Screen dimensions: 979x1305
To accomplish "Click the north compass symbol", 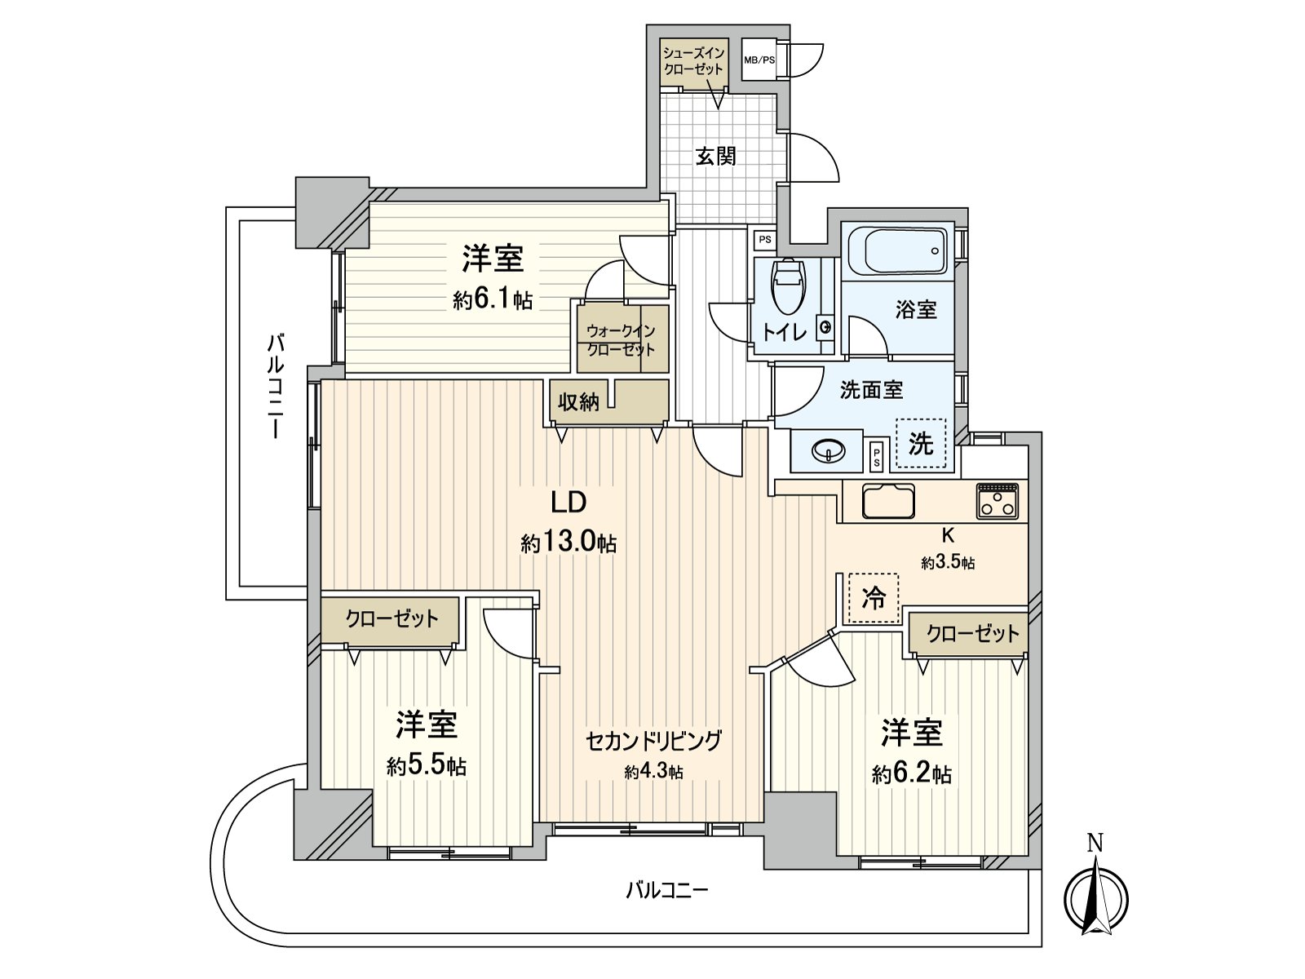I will (x=1095, y=897).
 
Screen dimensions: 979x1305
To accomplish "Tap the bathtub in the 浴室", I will (x=897, y=250).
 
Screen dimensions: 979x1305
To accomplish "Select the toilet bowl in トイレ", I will (x=787, y=287).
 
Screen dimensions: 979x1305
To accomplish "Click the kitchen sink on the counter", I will (x=887, y=501).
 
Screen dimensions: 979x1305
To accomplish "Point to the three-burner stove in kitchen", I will (x=998, y=501).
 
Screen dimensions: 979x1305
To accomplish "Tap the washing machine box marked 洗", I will (x=921, y=444).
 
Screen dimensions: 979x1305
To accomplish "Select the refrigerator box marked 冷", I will (x=874, y=599).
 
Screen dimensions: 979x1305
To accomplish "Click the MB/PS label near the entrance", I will (x=759, y=60).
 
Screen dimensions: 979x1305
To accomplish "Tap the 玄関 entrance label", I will (x=715, y=156).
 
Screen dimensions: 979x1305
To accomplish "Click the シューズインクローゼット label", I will (x=692, y=61).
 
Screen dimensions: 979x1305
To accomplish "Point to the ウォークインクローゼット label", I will (x=621, y=340).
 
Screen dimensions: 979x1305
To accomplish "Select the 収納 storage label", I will (x=578, y=401).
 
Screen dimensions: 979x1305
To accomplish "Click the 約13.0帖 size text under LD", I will (x=568, y=543).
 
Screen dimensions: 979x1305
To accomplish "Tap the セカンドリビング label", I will (x=653, y=741).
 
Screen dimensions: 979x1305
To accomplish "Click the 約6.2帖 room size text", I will (x=911, y=773).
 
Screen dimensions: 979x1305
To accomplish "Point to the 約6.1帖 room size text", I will (x=493, y=299).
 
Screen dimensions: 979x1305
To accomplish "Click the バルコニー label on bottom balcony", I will (x=666, y=889).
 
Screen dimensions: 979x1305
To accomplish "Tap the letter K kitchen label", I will (x=948, y=536).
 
